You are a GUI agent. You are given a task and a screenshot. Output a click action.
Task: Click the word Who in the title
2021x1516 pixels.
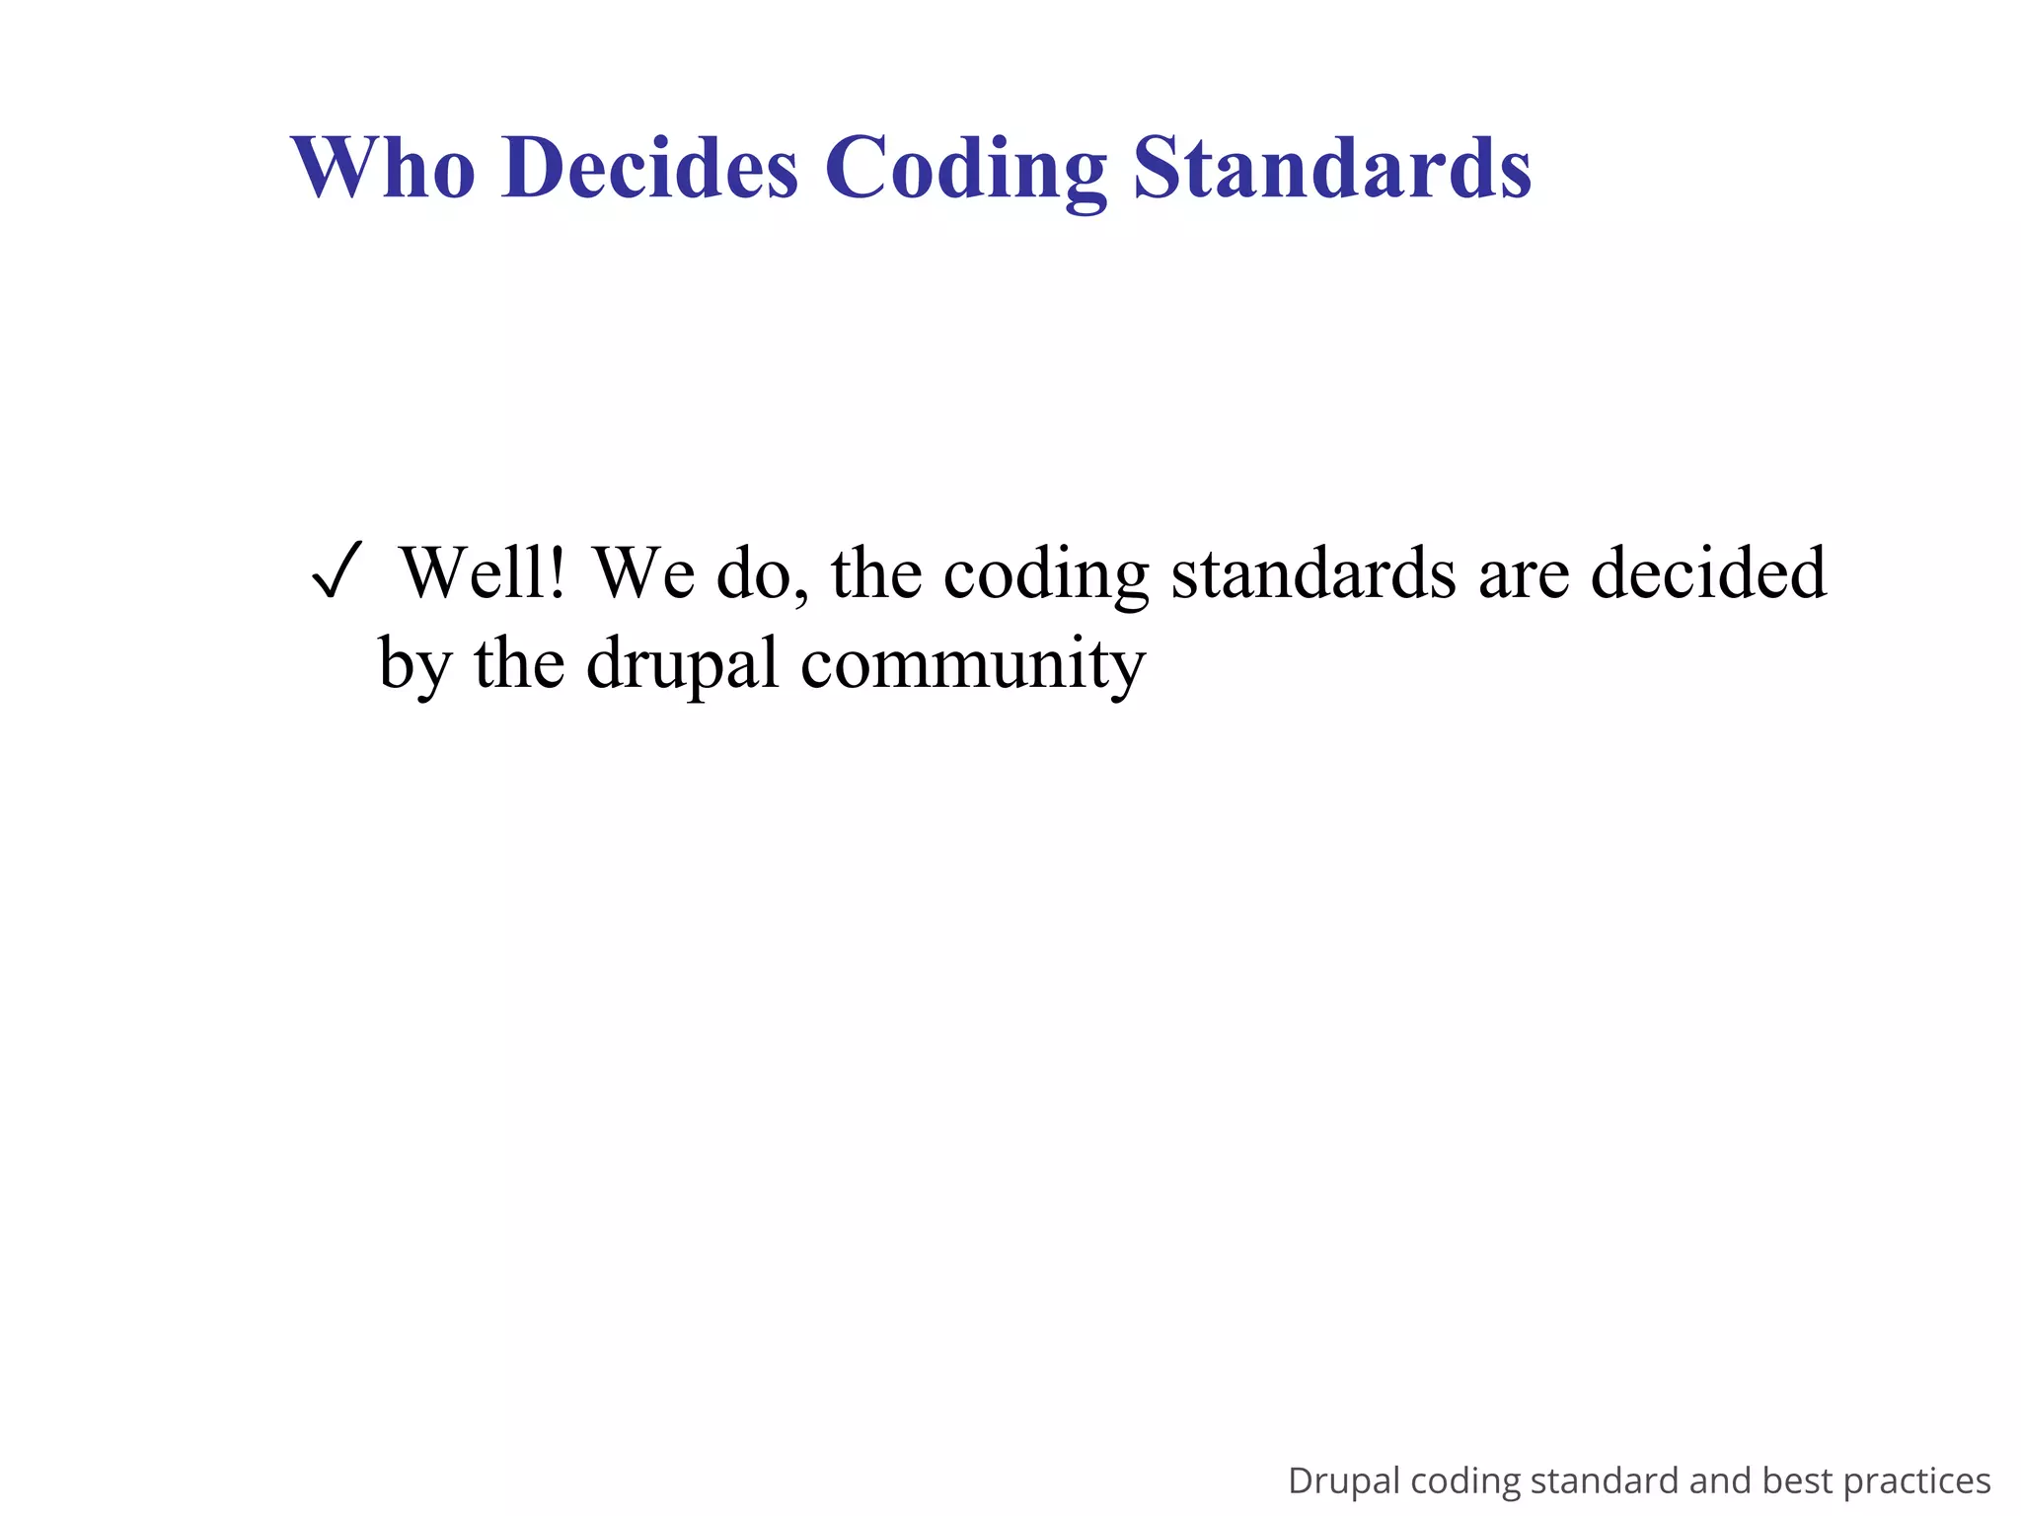point(383,168)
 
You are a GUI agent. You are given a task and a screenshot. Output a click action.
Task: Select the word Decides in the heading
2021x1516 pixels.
point(649,168)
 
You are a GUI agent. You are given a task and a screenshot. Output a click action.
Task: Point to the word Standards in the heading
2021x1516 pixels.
point(1332,168)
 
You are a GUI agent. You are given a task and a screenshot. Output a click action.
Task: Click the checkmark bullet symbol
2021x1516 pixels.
point(337,572)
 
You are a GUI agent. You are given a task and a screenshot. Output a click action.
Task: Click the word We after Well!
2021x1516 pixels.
point(643,572)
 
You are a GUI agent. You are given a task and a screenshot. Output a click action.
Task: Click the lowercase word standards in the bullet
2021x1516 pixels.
point(1312,572)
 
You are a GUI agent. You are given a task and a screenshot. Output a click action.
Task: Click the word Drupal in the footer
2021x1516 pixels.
point(1343,1481)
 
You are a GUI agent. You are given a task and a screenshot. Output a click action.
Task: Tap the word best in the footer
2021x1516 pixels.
point(1797,1481)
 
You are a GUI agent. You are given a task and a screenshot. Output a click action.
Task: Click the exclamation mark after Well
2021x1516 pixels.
point(559,572)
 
